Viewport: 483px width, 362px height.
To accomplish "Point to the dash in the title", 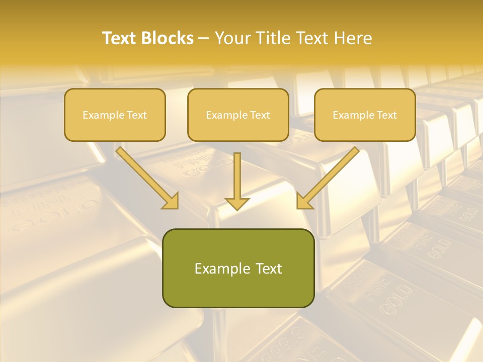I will point(204,38).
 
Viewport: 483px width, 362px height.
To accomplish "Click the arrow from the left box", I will point(146,176).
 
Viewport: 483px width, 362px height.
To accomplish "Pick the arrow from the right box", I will point(330,176).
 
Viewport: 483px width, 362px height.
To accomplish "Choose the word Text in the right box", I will point(386,115).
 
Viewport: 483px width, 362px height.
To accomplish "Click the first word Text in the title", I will point(120,38).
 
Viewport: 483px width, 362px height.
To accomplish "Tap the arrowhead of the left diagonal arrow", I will point(171,201).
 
